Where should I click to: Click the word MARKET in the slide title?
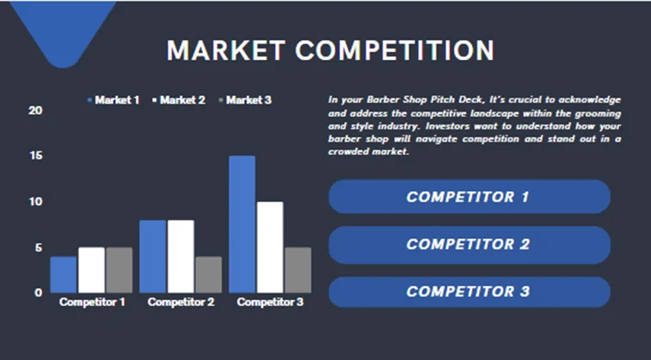225,51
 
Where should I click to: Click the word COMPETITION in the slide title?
394,51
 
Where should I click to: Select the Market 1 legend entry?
114,100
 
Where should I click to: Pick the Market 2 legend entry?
179,100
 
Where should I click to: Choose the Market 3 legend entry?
245,100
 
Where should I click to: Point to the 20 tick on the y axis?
35,111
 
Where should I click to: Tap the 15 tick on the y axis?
35,156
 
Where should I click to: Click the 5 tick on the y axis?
38,248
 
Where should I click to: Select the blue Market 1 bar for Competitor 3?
242,224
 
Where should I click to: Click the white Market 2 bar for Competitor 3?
270,247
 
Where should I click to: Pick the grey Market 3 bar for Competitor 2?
208,274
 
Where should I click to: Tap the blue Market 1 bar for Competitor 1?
63,274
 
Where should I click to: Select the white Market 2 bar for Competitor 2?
181,256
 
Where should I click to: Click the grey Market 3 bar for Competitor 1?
119,270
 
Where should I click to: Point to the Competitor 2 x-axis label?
181,303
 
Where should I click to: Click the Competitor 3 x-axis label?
270,303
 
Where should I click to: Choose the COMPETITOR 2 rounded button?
469,244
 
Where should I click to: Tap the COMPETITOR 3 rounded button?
469,291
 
